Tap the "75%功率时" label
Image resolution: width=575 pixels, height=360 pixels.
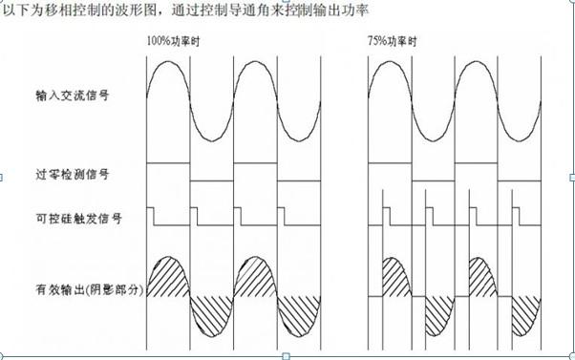[x=390, y=44]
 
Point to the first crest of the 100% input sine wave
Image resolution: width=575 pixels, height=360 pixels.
[x=168, y=61]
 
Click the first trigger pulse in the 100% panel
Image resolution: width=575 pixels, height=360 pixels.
[x=151, y=212]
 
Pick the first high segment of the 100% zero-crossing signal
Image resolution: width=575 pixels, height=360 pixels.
[x=168, y=163]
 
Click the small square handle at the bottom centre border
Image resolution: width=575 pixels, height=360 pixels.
[x=287, y=355]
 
